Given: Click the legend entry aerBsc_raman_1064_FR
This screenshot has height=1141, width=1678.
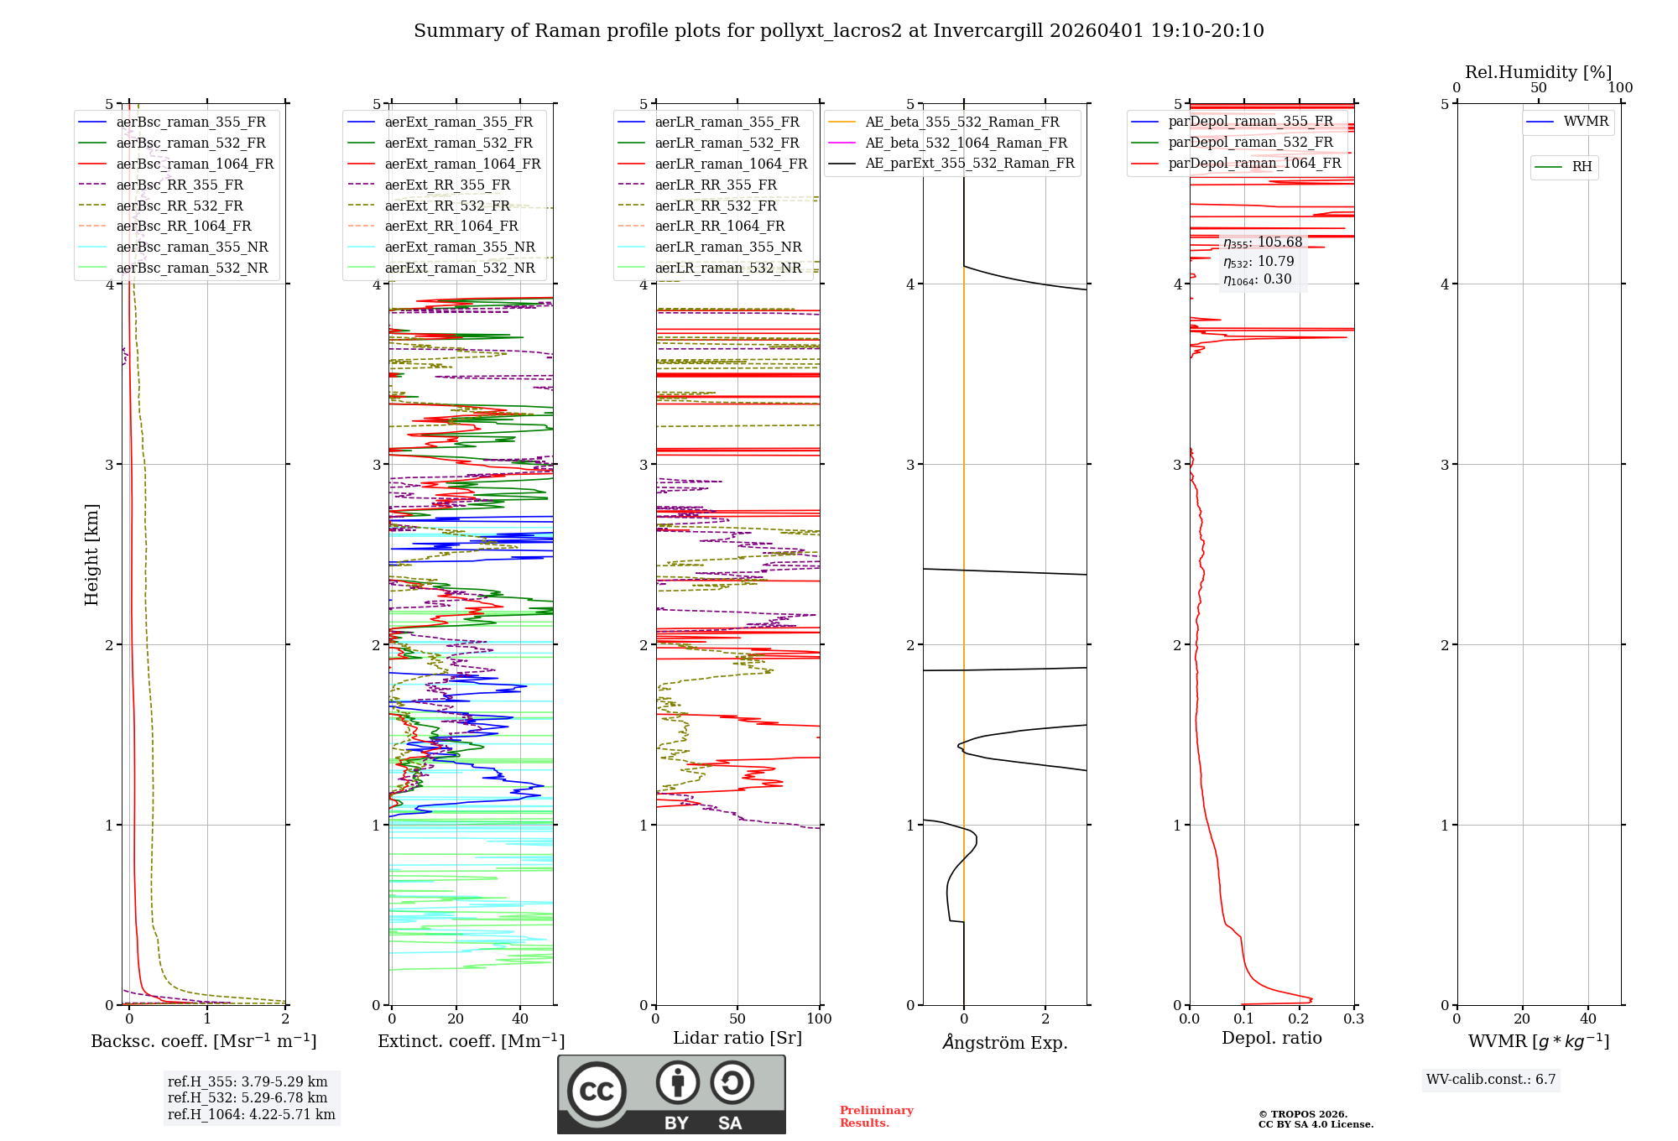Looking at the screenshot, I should point(195,164).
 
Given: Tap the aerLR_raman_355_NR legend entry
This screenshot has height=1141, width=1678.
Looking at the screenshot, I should point(727,247).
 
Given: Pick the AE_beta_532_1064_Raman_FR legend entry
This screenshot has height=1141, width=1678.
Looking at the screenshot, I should point(966,143).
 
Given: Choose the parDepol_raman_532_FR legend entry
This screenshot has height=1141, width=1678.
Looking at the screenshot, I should point(1250,142).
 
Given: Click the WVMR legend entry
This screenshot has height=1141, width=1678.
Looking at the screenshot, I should point(1586,122).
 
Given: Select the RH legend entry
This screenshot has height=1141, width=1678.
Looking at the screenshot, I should point(1582,167).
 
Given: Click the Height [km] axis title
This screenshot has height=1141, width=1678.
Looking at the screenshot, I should point(91,555).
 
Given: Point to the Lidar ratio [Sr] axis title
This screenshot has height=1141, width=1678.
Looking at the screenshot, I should point(737,1038).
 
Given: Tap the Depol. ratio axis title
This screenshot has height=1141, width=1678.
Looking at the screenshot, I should point(1271,1038).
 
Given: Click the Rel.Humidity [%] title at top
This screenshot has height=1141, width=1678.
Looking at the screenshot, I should point(1538,72).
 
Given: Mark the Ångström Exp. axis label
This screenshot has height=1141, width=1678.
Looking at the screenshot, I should point(1004,1042).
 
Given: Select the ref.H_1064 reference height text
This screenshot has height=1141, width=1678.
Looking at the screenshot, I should point(251,1114).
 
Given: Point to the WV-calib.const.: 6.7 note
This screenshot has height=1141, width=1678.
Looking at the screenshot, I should point(1491,1079).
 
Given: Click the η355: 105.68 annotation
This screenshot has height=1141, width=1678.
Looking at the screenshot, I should point(1263,242).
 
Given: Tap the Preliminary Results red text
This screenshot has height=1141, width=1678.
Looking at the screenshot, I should point(876,1117).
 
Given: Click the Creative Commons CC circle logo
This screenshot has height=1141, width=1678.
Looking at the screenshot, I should point(597,1091).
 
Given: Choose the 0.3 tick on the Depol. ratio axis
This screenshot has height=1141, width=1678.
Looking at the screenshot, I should point(1353,1019).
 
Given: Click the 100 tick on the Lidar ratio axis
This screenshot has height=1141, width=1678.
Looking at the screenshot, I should point(819,1019).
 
